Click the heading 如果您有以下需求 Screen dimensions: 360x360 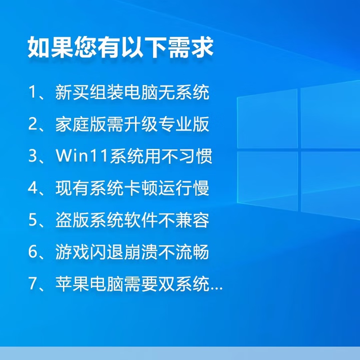pyautogui.click(x=120, y=47)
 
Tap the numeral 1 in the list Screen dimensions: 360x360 pyautogui.click(x=32, y=93)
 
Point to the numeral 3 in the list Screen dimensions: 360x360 pyautogui.click(x=32, y=157)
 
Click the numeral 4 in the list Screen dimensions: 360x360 pyautogui.click(x=32, y=188)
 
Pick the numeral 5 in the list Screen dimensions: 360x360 pyautogui.click(x=32, y=220)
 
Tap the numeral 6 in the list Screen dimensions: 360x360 pyautogui.click(x=32, y=252)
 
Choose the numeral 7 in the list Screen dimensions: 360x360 pyautogui.click(x=32, y=284)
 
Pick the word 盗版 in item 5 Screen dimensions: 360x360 pyautogui.click(x=71, y=220)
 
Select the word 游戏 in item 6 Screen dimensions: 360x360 pyautogui.click(x=71, y=252)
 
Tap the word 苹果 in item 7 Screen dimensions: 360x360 pyautogui.click(x=71, y=284)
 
